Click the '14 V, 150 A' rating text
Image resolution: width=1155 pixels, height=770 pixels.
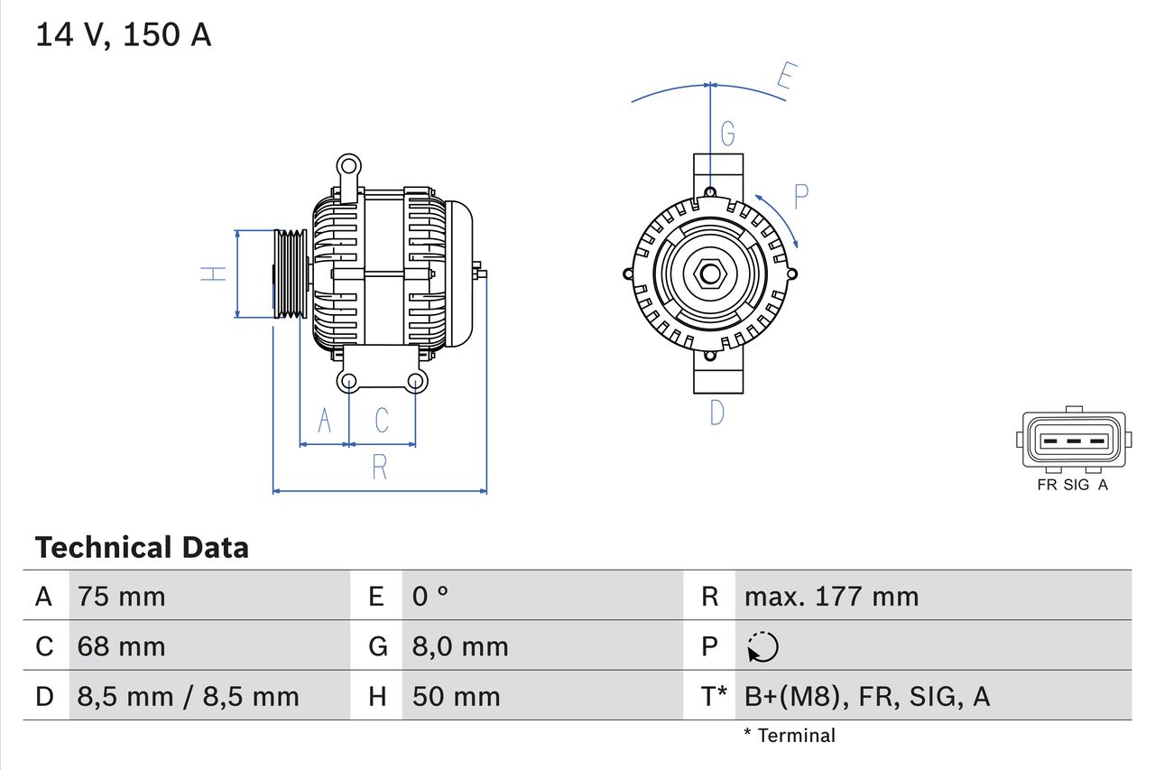click(123, 34)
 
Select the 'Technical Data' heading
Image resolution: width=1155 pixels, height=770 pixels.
click(142, 548)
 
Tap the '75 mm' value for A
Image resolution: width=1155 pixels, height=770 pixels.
click(121, 596)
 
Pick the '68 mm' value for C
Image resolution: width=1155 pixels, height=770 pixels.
click(121, 646)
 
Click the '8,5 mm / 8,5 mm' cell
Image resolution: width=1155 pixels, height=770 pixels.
click(188, 696)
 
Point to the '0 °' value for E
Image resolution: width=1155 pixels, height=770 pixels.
click(430, 596)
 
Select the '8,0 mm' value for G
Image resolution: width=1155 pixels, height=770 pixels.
click(460, 646)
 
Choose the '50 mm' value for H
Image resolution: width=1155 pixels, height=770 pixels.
click(456, 696)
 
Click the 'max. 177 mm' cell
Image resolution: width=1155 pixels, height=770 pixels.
click(831, 596)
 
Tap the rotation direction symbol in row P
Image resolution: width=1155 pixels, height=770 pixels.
click(762, 646)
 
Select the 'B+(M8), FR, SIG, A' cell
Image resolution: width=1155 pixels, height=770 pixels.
click(866, 696)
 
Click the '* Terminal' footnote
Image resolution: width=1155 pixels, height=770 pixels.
click(790, 736)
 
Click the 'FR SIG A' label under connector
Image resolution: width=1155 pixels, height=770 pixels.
click(1073, 485)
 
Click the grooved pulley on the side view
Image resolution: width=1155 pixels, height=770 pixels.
click(291, 274)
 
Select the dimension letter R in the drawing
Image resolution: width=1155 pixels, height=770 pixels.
click(379, 467)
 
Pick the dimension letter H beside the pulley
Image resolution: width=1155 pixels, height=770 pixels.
click(213, 274)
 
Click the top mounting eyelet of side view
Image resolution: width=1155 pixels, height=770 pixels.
click(347, 166)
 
